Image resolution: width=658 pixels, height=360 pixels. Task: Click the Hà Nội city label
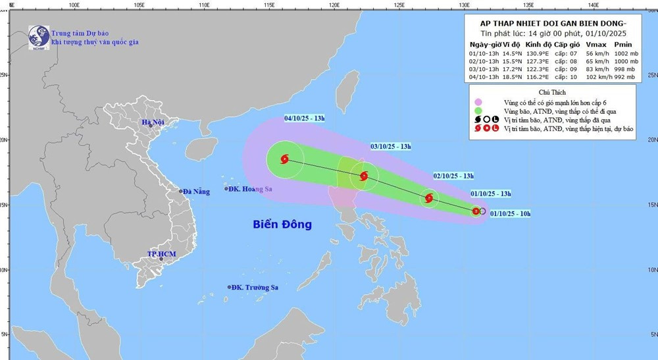point(156,123)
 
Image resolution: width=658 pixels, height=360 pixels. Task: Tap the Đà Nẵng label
point(195,192)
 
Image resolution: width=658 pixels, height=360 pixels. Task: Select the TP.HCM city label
point(160,253)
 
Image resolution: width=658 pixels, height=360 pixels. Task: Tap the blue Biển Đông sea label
point(282,224)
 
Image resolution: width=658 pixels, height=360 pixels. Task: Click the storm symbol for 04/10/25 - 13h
point(285,159)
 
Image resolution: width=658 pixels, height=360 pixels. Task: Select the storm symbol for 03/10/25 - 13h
point(363,176)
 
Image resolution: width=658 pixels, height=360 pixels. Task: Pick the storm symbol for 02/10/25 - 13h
point(429,198)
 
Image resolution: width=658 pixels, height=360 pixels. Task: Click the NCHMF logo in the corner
point(39,37)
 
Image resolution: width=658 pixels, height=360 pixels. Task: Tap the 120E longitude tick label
point(334,5)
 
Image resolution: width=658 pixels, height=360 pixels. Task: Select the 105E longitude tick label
point(139,5)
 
